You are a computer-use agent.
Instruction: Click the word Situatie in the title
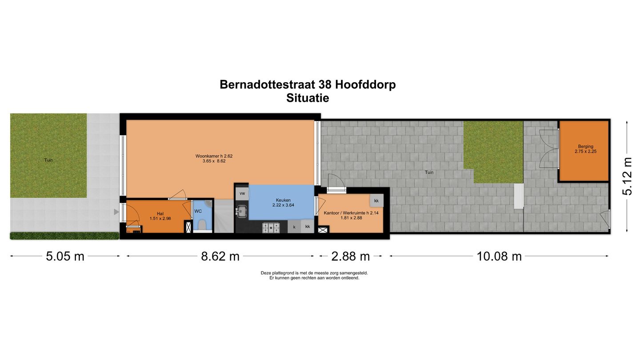click(308, 98)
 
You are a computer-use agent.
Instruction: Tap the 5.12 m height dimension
click(627, 176)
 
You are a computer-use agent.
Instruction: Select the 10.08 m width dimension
click(499, 256)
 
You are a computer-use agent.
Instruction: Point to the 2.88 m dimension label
click(351, 256)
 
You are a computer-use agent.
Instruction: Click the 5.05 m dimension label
click(65, 256)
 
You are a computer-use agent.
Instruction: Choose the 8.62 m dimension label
click(220, 256)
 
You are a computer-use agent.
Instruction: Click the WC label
click(198, 211)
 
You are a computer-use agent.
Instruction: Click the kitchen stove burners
click(270, 228)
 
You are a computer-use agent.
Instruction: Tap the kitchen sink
click(242, 211)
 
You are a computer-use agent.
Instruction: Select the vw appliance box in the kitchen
click(242, 193)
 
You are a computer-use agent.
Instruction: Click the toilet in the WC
click(202, 225)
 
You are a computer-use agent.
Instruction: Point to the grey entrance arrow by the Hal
click(116, 212)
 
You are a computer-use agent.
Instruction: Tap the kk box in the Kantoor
click(376, 201)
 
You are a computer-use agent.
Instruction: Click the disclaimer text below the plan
click(314, 276)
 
